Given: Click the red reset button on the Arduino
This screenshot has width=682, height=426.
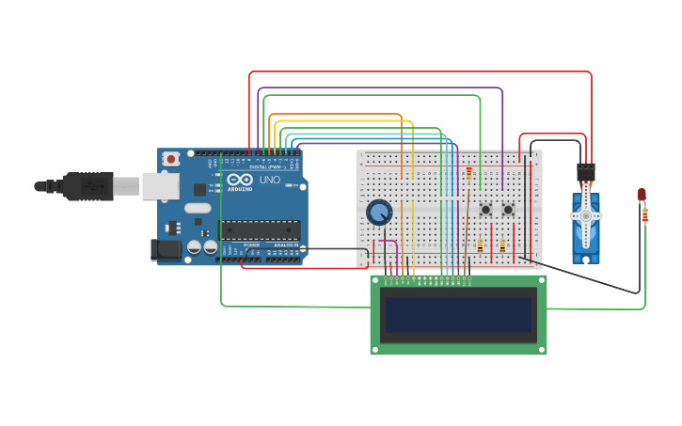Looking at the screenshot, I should pos(170,160).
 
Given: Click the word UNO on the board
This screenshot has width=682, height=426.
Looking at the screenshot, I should pos(269,180).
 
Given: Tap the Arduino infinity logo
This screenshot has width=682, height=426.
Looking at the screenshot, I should pos(240,180).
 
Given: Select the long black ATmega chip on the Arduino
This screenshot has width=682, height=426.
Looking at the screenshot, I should pos(261,229).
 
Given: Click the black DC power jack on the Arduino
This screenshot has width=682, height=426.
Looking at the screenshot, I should pos(166,250).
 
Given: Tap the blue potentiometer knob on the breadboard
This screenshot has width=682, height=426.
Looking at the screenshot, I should pos(379,213).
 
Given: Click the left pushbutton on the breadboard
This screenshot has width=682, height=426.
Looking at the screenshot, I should pos(485,209).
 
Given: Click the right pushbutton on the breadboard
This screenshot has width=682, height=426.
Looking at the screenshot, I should pos(508,209).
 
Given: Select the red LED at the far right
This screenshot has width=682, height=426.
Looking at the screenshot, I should pos(642,195).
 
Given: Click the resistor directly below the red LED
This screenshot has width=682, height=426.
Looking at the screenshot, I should pos(644,215).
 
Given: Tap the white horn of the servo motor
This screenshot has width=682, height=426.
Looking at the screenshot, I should pos(586,216).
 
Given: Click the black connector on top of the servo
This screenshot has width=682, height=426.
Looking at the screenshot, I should pos(586,172).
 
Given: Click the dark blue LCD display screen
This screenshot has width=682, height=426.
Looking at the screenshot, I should pos(458,314).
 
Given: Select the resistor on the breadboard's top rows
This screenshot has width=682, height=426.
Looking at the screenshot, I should pos(468,173).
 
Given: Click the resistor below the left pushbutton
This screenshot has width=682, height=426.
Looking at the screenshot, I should pos(480,246).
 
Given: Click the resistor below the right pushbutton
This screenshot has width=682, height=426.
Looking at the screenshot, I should pos(502,246).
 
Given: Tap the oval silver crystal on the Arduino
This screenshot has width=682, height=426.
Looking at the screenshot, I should pos(198,208).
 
